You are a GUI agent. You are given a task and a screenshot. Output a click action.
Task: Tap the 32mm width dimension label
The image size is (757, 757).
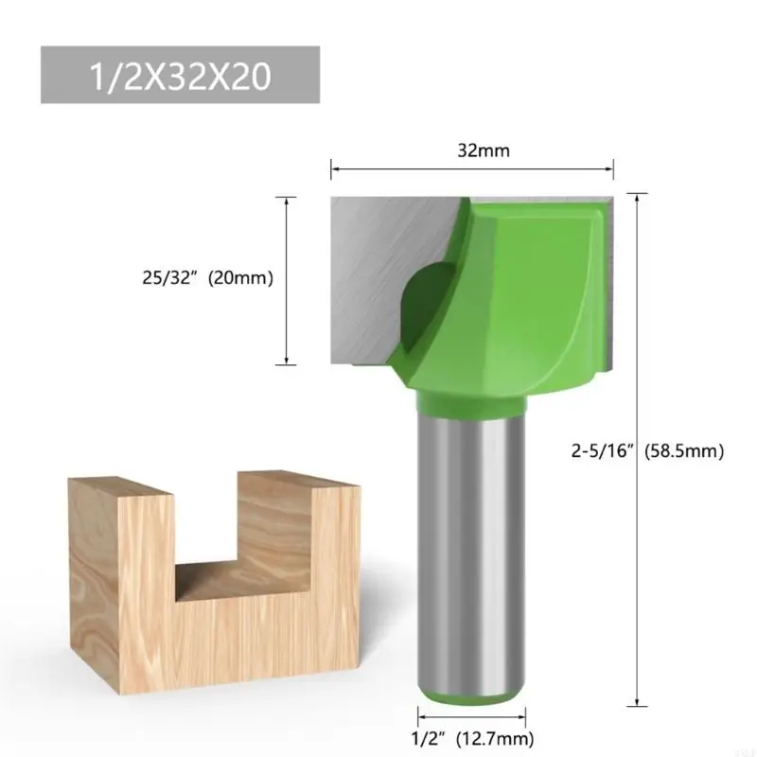(x=472, y=149)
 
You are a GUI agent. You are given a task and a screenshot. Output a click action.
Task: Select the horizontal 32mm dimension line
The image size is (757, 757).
(x=472, y=169)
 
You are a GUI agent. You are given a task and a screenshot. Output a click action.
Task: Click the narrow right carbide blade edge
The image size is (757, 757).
(x=609, y=284)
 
